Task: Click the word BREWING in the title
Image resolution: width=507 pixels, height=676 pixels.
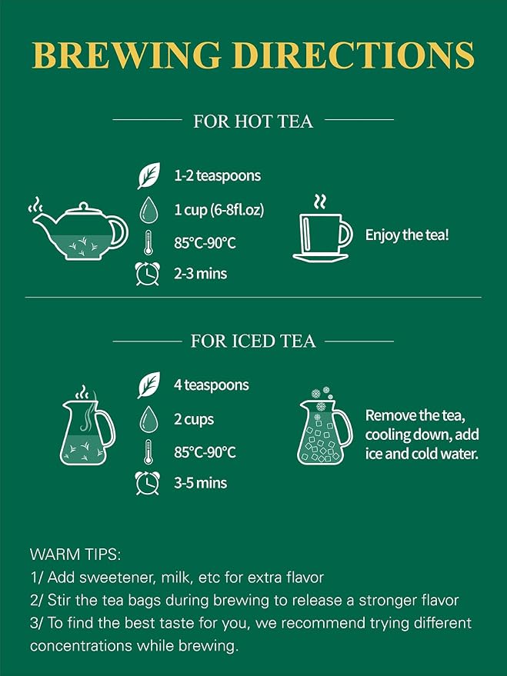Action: pos(127,55)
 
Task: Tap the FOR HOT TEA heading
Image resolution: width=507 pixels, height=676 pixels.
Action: pos(253,122)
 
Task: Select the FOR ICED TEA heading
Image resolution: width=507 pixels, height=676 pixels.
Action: pos(253,341)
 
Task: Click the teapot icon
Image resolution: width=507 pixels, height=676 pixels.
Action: pos(79,229)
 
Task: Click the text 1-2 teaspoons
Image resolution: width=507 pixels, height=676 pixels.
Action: pos(217,176)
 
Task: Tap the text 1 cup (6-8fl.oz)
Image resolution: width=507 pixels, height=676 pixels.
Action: pos(218,210)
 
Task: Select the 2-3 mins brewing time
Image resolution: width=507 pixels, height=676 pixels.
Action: pos(201,274)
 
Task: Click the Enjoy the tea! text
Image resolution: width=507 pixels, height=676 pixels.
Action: pos(407,235)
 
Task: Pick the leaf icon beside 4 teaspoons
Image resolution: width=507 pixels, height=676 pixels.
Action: pos(148,385)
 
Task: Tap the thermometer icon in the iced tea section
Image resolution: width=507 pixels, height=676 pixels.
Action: pos(148,451)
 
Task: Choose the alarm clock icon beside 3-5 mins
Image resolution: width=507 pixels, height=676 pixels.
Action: pos(148,483)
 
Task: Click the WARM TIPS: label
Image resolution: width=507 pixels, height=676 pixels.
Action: pos(75,554)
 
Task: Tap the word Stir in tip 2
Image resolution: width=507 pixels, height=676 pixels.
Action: pos(58,600)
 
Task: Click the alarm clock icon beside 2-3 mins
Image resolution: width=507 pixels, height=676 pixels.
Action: pos(148,274)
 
